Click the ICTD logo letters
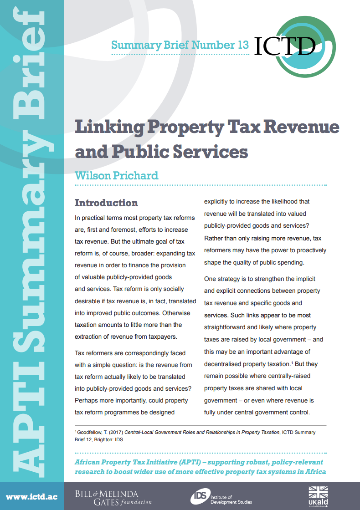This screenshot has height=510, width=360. (x=285, y=46)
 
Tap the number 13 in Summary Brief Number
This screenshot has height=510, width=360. (x=243, y=45)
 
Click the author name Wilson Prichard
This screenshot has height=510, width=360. (x=116, y=175)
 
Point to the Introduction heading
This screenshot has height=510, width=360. (x=106, y=203)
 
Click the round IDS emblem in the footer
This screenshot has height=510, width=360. (x=198, y=496)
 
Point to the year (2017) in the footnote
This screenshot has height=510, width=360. (x=115, y=432)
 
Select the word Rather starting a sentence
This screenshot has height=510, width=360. (x=214, y=238)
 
